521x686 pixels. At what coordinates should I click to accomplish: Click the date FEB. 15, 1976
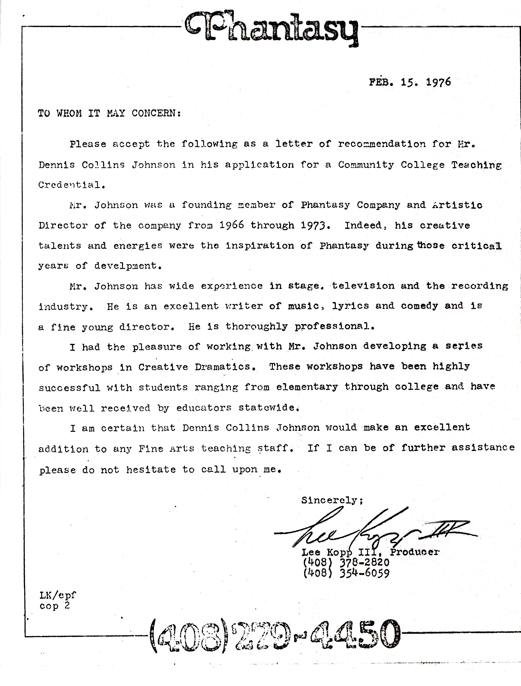pyautogui.click(x=410, y=82)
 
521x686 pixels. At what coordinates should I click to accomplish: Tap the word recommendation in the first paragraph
pyautogui.click(x=382, y=144)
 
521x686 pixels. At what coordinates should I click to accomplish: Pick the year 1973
pyautogui.click(x=313, y=225)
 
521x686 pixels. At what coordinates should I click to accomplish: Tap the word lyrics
pyautogui.click(x=351, y=306)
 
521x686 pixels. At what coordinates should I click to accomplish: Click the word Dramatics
pyautogui.click(x=225, y=367)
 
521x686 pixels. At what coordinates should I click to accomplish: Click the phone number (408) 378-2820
pyautogui.click(x=346, y=563)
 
